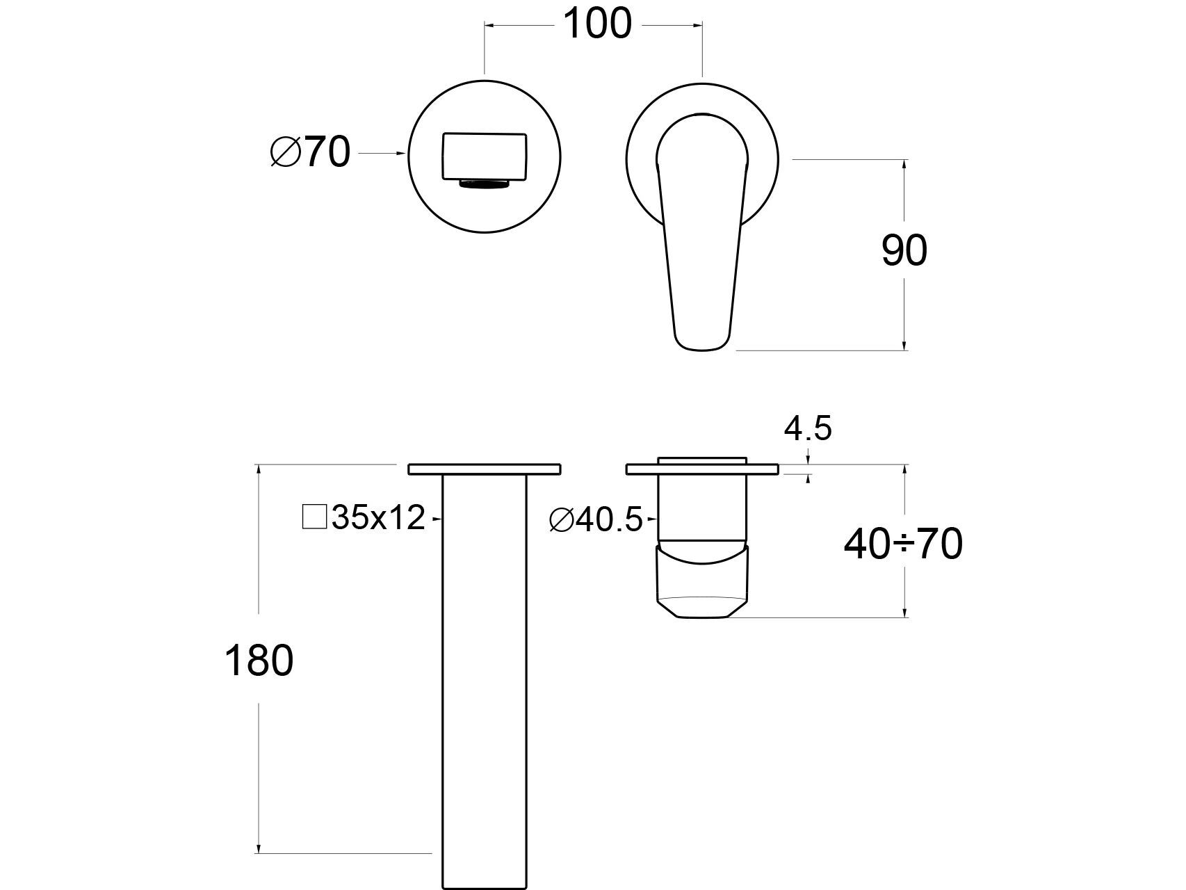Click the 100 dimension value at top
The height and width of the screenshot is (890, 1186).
pos(596,24)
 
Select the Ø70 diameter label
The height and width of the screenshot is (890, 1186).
pos(310,152)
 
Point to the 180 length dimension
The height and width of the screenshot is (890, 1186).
pos(259,661)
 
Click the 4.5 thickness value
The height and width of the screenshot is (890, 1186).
pos(808,428)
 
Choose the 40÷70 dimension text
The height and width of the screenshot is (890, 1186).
pos(903,544)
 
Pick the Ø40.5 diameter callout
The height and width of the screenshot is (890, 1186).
pos(596,520)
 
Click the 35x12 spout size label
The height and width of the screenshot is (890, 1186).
pos(378,517)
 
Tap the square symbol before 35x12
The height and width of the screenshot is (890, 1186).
pos(315,517)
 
